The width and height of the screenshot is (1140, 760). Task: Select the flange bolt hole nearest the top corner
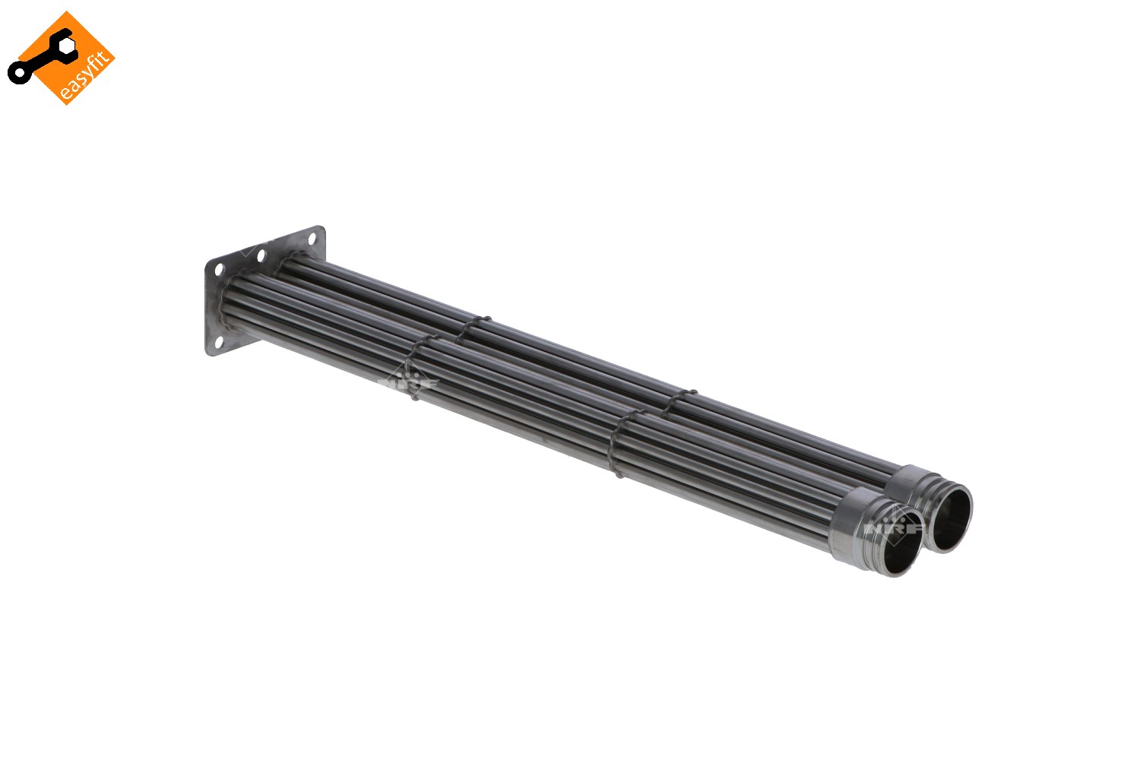pos(312,238)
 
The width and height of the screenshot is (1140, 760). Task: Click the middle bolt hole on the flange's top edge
pos(261,255)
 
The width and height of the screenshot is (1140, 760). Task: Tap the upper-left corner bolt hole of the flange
pos(219,269)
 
